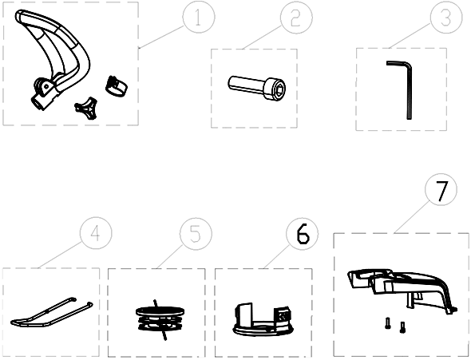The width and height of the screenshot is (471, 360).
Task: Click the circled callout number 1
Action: (x=199, y=17)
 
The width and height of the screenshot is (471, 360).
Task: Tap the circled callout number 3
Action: (x=446, y=17)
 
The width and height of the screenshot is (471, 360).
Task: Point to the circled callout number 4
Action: (x=96, y=233)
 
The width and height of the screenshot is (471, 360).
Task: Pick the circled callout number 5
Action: (x=196, y=234)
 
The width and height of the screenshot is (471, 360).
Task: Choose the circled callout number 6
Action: (x=303, y=234)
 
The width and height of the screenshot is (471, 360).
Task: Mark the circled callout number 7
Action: (x=441, y=189)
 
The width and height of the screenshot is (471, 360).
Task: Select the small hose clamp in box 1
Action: (x=117, y=86)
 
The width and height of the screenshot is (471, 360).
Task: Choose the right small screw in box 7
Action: (x=402, y=327)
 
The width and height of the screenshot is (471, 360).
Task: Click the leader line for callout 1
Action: (x=161, y=37)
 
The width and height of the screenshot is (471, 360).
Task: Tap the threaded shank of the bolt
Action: (x=246, y=84)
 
